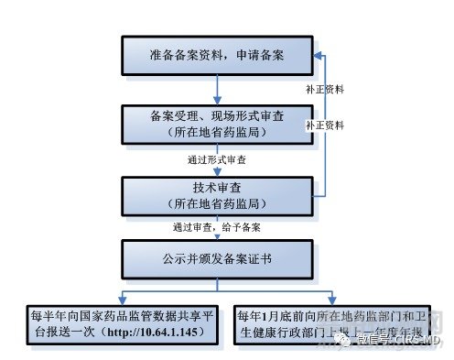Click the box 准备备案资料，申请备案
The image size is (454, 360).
pyautogui.click(x=216, y=56)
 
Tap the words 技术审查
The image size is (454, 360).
pyautogui.click(x=216, y=186)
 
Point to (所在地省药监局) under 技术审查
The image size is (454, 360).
pyautogui.click(x=216, y=201)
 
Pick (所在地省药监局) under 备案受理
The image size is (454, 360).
pyautogui.click(x=216, y=133)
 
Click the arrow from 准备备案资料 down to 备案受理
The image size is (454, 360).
pyautogui.click(x=217, y=89)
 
